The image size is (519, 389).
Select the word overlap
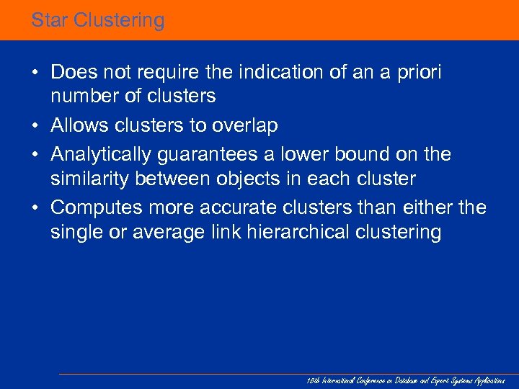pyautogui.click(x=244, y=126)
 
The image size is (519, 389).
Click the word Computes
pyautogui.click(x=97, y=207)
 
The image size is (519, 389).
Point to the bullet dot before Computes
pyautogui.click(x=35, y=208)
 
